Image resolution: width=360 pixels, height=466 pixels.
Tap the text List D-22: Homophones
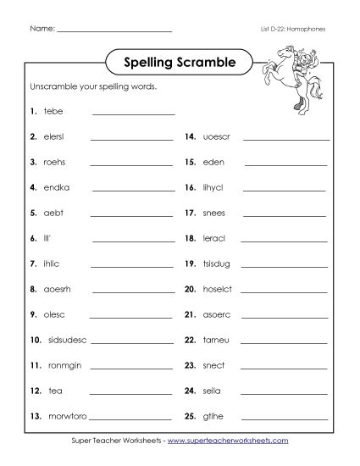tap(292, 29)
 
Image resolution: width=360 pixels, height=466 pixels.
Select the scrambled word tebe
tap(53, 111)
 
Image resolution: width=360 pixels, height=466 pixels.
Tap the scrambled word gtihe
tap(213, 416)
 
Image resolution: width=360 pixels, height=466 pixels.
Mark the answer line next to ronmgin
tap(131, 368)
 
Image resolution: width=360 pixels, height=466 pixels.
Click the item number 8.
tap(32, 289)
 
